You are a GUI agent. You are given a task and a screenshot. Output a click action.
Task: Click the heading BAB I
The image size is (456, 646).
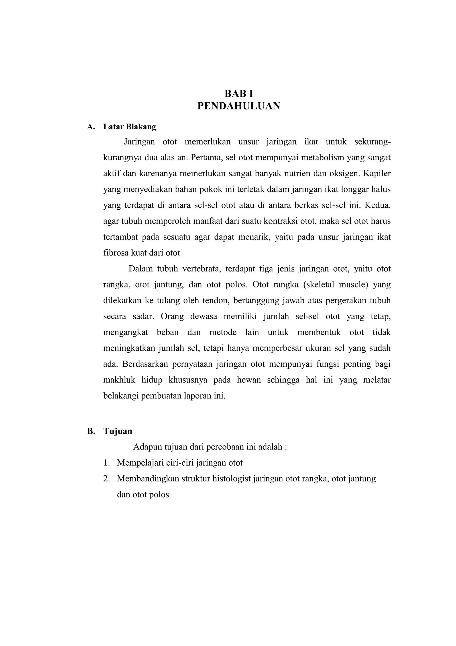(x=239, y=93)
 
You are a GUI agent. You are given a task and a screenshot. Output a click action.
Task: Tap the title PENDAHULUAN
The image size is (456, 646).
(x=239, y=106)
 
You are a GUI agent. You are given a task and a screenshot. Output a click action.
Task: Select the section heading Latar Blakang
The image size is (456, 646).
(x=130, y=127)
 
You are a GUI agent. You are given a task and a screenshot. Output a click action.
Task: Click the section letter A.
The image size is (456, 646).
(x=90, y=127)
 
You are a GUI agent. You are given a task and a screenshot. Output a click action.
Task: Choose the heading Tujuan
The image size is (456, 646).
(x=118, y=431)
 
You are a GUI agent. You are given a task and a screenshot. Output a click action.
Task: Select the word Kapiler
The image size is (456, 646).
(x=377, y=174)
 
